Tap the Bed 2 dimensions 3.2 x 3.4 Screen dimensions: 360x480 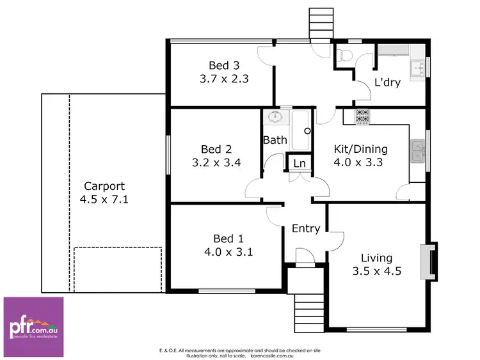[216, 162]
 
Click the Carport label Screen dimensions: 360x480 [104, 186]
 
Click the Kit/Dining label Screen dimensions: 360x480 [361, 149]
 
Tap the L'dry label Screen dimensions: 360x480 [386, 82]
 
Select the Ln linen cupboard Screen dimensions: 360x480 [299, 163]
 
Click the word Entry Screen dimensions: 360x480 [305, 228]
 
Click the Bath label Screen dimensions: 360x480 [274, 139]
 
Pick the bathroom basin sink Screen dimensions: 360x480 [276, 118]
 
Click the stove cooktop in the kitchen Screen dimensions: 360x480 [362, 116]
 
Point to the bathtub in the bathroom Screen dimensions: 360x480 [301, 130]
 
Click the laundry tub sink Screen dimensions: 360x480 [419, 67]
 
